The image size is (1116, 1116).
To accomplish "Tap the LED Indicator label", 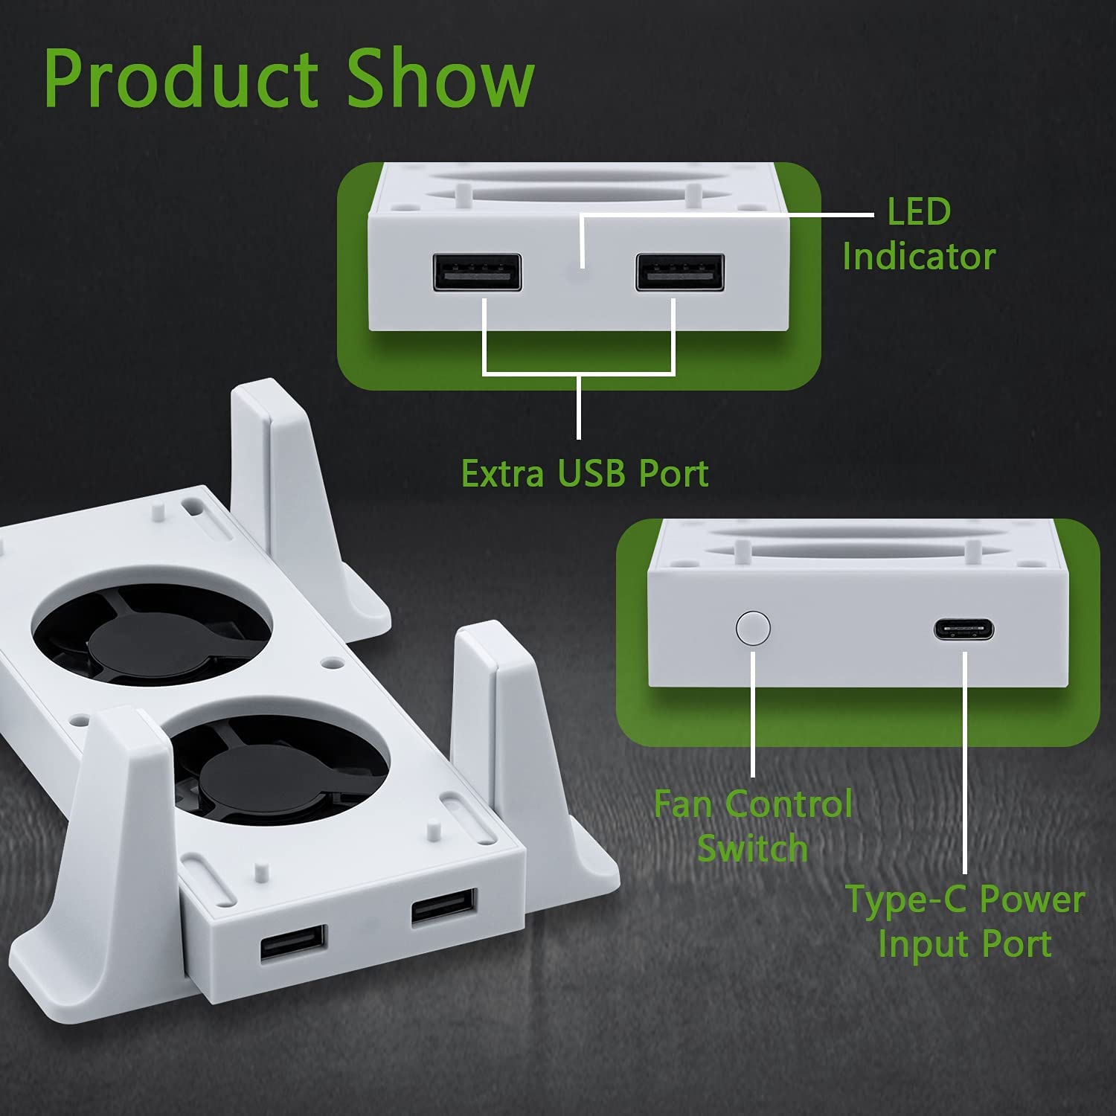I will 919,234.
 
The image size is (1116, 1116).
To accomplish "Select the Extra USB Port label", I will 585,473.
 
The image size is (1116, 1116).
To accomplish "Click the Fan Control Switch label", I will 753,826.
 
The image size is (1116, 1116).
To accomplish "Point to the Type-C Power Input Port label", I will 965,921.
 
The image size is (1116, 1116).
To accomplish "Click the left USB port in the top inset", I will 476,272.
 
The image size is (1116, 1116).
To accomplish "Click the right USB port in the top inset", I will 679,272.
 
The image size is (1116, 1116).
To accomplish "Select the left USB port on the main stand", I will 293,945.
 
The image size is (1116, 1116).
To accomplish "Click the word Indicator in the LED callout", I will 919,257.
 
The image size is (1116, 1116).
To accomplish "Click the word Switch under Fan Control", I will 753,848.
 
